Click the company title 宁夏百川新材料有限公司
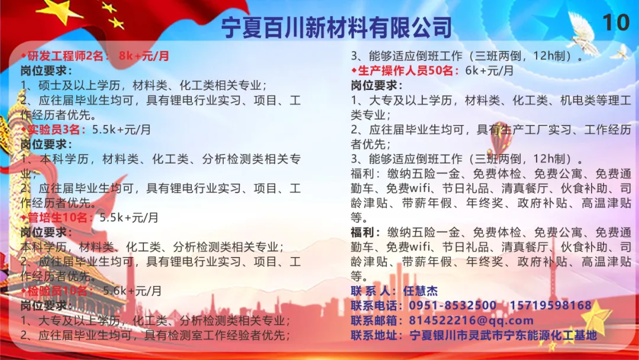[x=337, y=27]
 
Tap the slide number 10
[x=616, y=22]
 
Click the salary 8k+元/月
[x=144, y=56]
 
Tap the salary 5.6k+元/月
[x=133, y=291]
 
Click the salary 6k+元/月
[x=489, y=70]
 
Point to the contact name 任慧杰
[x=420, y=291]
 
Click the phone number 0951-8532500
[x=453, y=306]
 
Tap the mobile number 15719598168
[x=550, y=306]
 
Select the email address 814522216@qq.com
[x=471, y=320]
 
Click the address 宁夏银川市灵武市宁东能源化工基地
[x=503, y=335]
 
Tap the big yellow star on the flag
[x=61, y=10]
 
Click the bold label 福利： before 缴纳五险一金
[x=366, y=232]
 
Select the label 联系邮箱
[x=374, y=320]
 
